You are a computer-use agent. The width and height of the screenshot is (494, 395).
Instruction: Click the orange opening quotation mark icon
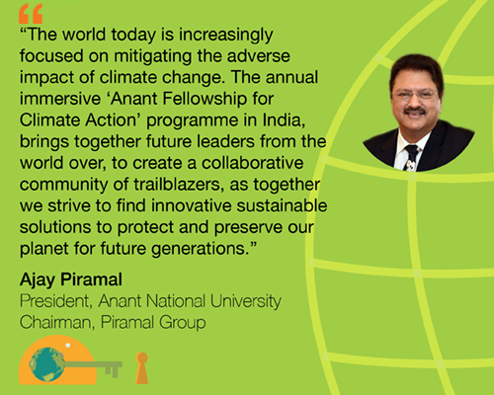tap(31, 14)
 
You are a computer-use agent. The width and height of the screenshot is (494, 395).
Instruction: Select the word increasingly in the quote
tap(226, 36)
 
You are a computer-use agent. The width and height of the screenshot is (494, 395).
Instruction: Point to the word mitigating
tap(152, 57)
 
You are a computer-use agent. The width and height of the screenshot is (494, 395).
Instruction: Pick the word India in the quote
tap(284, 120)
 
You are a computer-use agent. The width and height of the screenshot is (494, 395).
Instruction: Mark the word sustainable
tap(282, 205)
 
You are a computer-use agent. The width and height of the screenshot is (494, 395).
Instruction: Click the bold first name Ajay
tap(38, 280)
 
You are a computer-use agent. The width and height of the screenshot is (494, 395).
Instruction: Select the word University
tap(246, 302)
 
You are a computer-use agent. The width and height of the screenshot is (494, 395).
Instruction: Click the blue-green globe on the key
tap(46, 364)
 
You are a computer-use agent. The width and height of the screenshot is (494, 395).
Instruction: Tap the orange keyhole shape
tap(142, 368)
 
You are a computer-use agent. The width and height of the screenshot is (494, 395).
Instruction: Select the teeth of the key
tap(113, 371)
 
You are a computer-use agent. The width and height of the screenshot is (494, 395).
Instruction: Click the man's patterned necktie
tap(411, 158)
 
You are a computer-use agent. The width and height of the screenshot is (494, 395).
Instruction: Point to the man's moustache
tap(415, 111)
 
